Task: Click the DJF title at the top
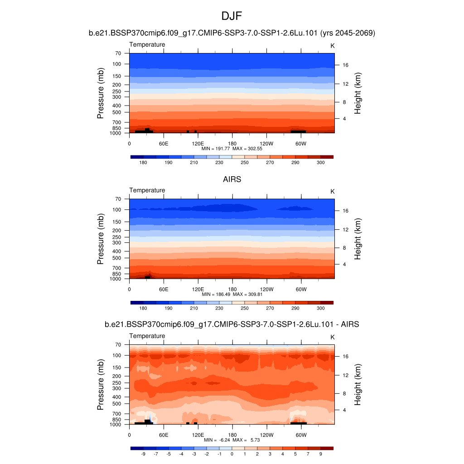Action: point(232,16)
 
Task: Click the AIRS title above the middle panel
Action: point(232,179)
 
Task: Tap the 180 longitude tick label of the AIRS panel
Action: point(232,289)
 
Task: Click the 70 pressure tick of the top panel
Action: point(118,53)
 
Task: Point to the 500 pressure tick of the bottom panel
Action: point(117,404)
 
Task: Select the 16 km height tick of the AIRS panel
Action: point(345,211)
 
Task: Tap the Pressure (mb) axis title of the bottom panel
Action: point(101,385)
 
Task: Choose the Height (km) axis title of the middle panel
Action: point(358,239)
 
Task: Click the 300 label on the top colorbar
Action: point(320,162)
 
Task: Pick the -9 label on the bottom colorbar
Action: point(143,454)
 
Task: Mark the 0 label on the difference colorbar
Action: point(232,454)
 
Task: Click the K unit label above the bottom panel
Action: point(332,337)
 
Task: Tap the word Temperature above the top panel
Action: point(147,44)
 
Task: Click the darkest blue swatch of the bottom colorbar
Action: point(137,448)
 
